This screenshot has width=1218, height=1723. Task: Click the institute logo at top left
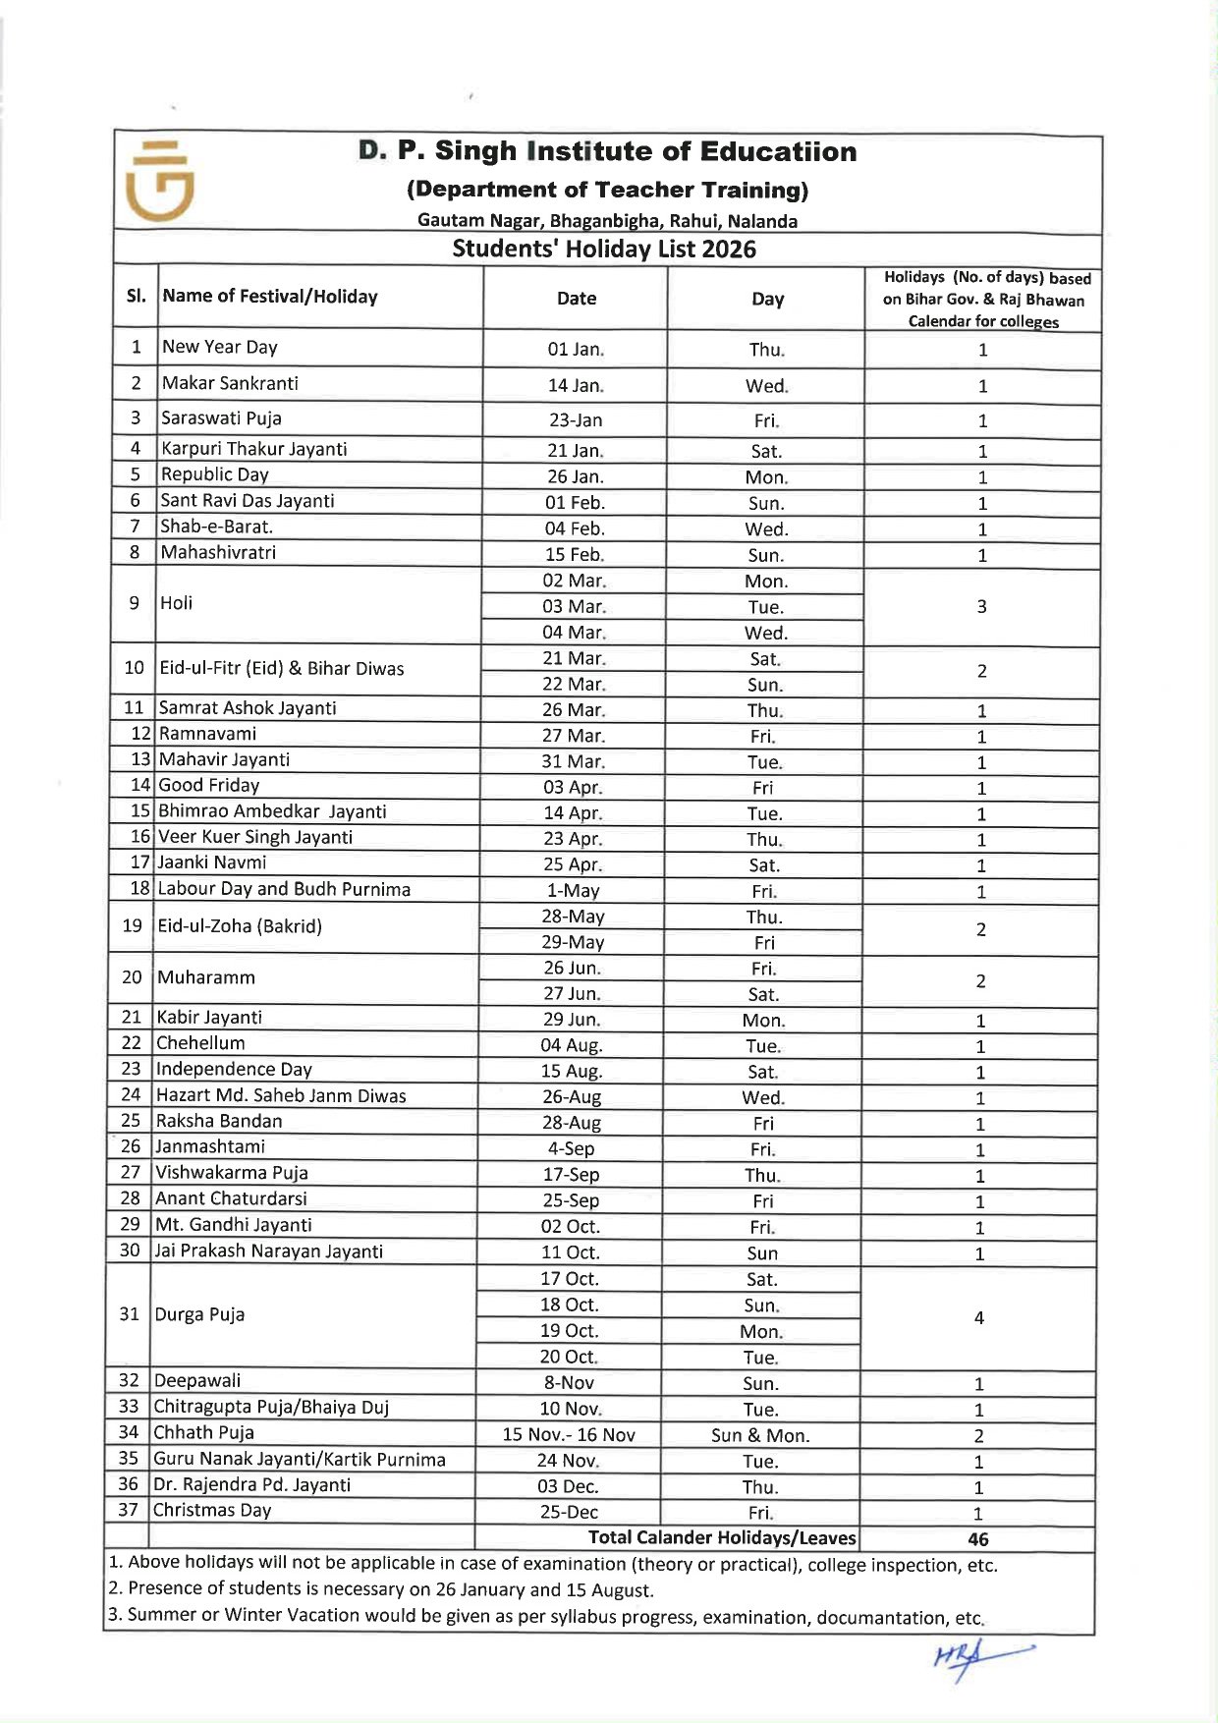(x=160, y=181)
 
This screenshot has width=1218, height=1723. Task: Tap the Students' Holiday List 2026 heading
(x=604, y=249)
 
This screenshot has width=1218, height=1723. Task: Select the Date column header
(x=577, y=299)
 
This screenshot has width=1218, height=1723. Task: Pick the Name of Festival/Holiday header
(x=270, y=297)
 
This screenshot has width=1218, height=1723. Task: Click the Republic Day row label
(x=214, y=474)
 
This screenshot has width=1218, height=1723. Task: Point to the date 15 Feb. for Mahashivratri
(x=575, y=554)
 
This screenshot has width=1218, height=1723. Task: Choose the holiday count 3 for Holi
(x=981, y=607)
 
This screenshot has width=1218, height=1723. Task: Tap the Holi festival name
(x=177, y=603)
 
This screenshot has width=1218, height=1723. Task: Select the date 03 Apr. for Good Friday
(x=573, y=787)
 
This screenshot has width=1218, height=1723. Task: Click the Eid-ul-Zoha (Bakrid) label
(x=240, y=925)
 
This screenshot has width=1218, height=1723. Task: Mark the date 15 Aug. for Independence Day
(x=572, y=1071)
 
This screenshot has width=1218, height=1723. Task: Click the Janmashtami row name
(x=210, y=1146)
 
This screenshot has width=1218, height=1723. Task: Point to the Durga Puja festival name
(x=199, y=1314)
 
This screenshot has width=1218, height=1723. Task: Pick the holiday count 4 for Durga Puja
(x=979, y=1318)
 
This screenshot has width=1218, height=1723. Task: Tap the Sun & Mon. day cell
(x=760, y=1435)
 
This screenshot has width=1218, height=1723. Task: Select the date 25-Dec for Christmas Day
(x=569, y=1512)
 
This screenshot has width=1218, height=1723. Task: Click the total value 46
(x=978, y=1539)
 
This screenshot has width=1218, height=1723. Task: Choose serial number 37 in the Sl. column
(x=128, y=1509)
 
